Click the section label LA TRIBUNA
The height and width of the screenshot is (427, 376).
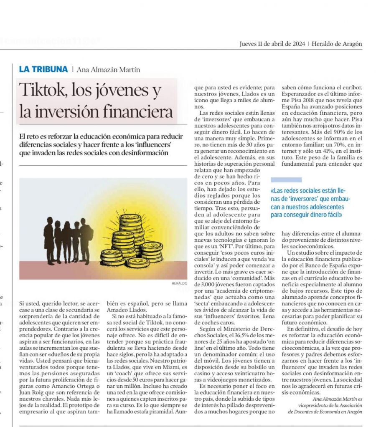tap(43, 70)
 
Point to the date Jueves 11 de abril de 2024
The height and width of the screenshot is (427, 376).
tap(272, 44)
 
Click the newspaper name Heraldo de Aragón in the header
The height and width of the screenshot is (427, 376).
tap(337, 44)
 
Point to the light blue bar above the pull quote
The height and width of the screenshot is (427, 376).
tap(286, 179)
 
